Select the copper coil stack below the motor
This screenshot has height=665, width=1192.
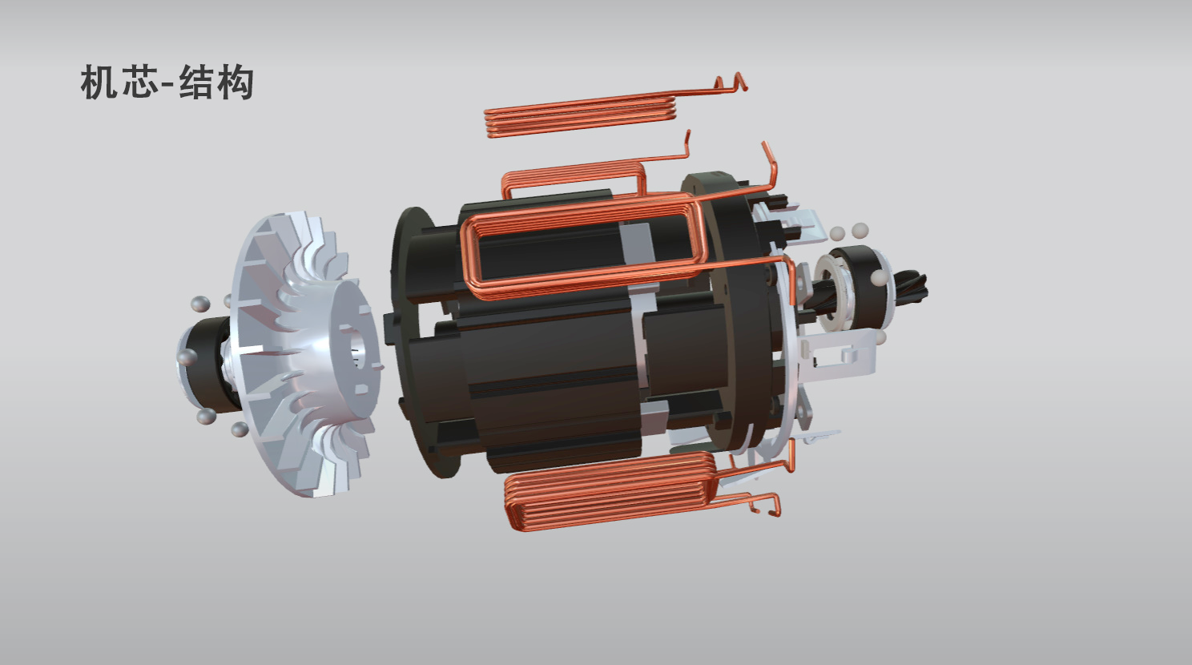(609, 490)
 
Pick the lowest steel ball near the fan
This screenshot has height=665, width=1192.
(239, 430)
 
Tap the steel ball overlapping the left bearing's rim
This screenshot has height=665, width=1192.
(186, 357)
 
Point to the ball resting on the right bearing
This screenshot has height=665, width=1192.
(878, 278)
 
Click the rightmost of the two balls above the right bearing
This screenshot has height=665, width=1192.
(860, 230)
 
